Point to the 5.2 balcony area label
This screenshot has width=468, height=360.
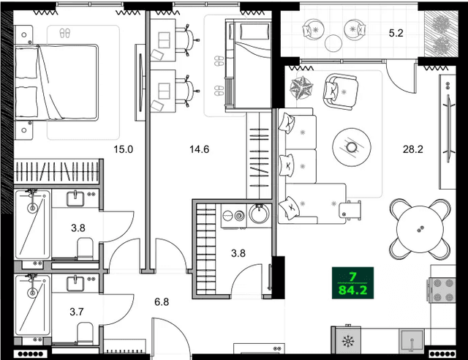(x=395, y=32)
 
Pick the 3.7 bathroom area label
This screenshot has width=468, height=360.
(x=77, y=312)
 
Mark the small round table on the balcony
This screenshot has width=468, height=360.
(x=333, y=40)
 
